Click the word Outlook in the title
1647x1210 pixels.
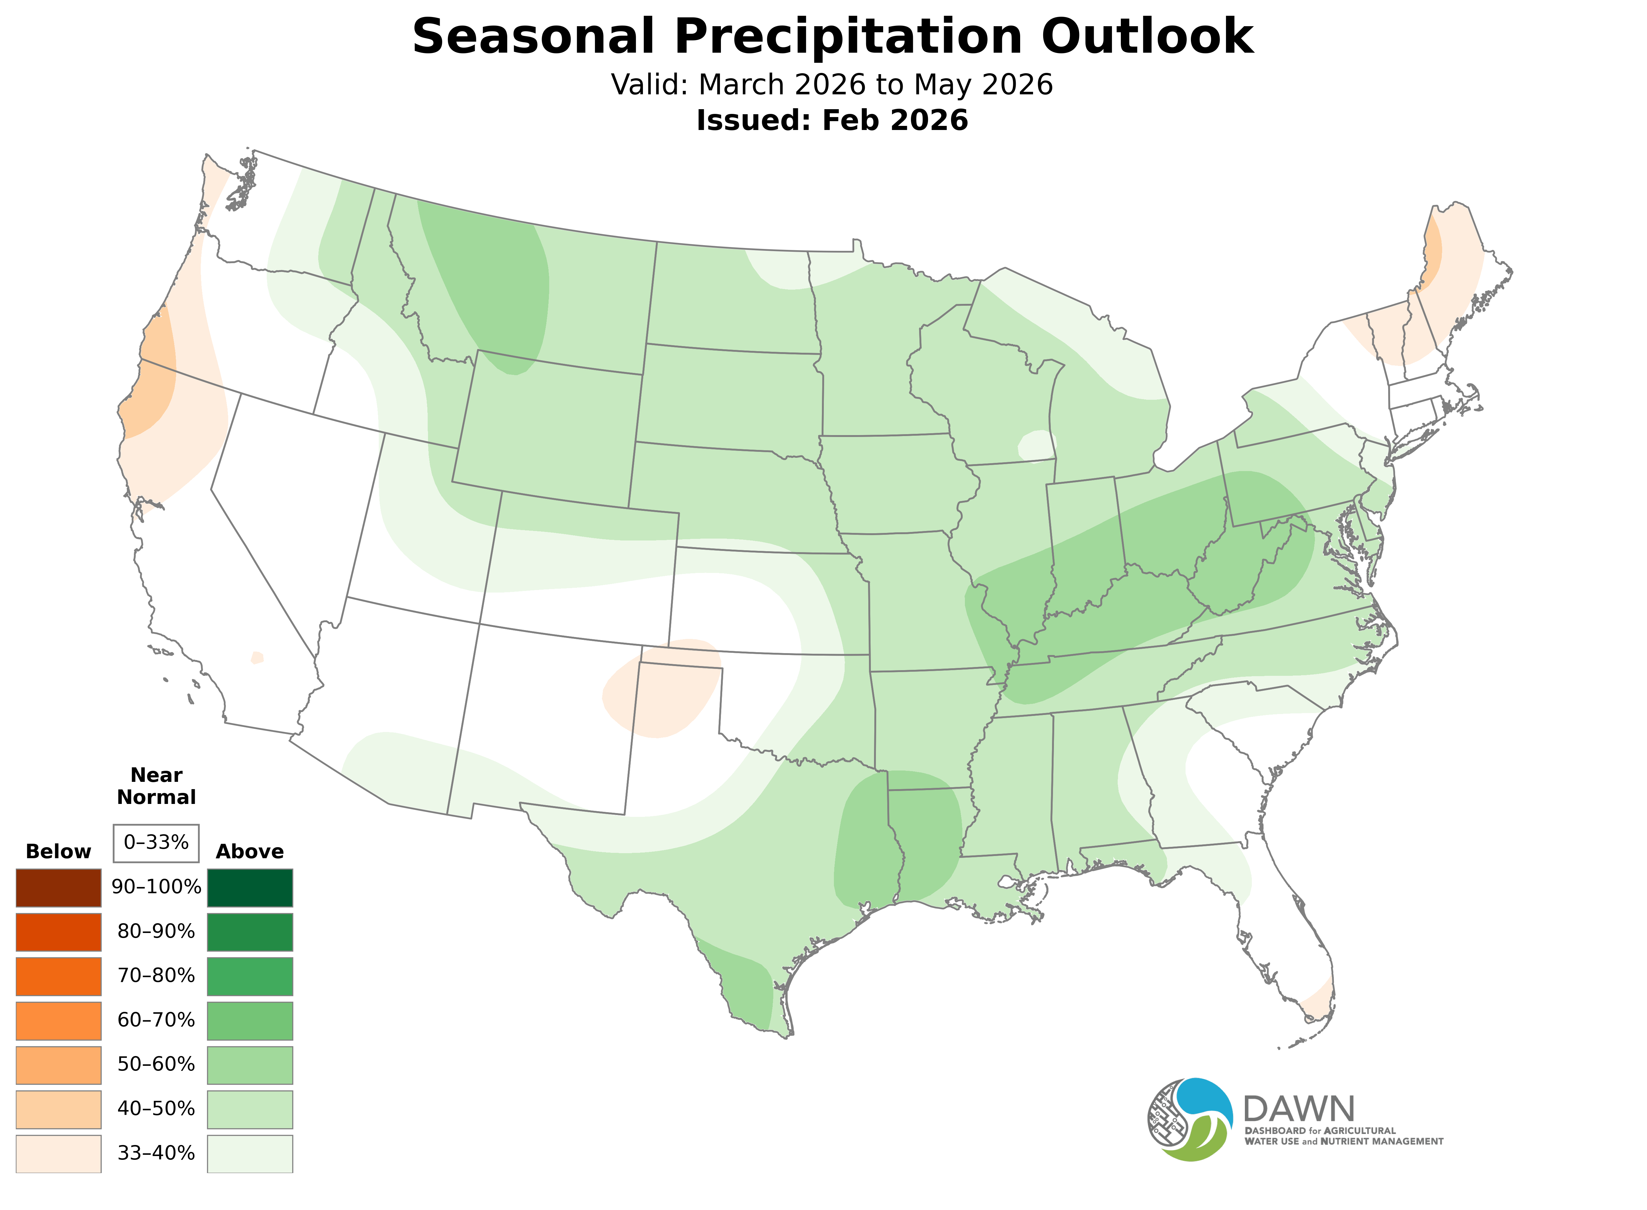(1148, 37)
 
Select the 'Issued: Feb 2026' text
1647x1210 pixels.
(832, 120)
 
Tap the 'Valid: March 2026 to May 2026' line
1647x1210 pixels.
(832, 85)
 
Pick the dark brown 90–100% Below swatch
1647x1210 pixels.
(59, 888)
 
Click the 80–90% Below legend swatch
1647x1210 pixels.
(59, 932)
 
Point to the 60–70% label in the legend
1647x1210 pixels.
(156, 1020)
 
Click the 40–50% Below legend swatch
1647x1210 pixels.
(59, 1109)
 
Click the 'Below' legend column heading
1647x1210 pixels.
(59, 852)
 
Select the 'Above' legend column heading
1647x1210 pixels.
(250, 852)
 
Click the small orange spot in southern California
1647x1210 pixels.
(256, 658)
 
